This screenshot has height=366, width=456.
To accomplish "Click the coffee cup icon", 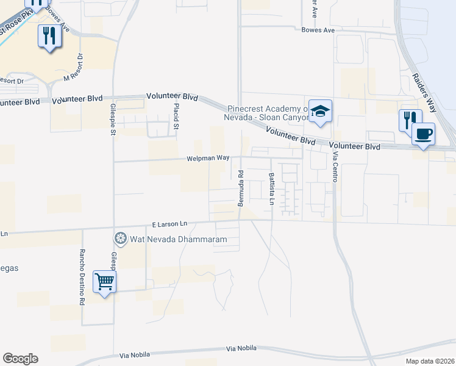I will tap(423, 133).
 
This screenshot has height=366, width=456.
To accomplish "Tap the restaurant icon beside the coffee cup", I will tap(408, 120).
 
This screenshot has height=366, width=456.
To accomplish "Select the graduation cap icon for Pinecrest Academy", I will tap(320, 111).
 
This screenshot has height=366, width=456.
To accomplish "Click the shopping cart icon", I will tap(104, 282).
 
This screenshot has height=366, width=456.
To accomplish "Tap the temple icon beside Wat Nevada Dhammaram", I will tap(120, 239).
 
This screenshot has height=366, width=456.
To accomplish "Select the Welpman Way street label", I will tap(208, 158).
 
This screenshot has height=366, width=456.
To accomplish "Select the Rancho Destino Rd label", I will tap(80, 277).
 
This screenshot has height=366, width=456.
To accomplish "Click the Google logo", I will tap(20, 359).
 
